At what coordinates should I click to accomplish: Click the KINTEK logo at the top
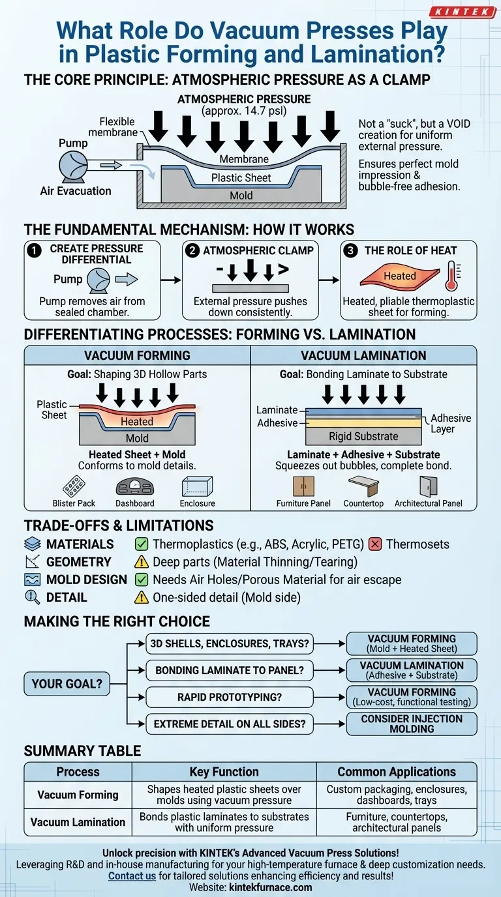click(x=463, y=12)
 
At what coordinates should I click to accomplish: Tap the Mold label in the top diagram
click(x=241, y=196)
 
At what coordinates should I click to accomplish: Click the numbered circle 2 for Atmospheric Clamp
click(x=194, y=250)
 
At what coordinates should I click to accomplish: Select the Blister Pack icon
click(x=73, y=486)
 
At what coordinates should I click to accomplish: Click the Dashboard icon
click(x=134, y=487)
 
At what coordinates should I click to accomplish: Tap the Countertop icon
click(x=363, y=486)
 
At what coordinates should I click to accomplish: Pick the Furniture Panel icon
click(x=303, y=486)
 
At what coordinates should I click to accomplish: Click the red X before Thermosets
click(x=375, y=544)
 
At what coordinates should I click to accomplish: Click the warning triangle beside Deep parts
click(x=141, y=562)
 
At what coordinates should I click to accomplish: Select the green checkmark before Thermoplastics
click(x=141, y=544)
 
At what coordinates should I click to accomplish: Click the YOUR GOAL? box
click(x=67, y=684)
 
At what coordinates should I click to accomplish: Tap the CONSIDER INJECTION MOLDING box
click(x=411, y=724)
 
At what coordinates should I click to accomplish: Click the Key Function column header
click(x=224, y=772)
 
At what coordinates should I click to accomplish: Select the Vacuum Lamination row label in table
click(x=78, y=822)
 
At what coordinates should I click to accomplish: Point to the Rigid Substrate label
click(x=363, y=436)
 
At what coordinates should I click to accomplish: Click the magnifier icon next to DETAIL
click(x=32, y=597)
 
